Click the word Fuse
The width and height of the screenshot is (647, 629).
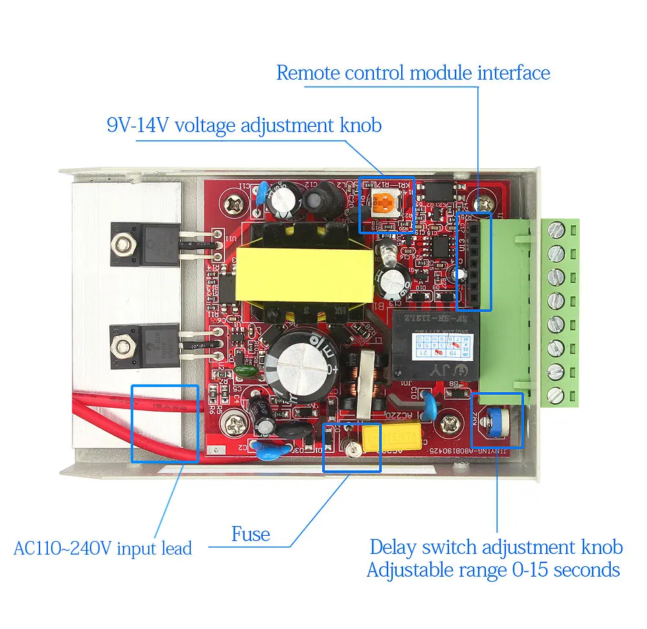(250, 534)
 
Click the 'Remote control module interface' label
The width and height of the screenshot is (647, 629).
(413, 72)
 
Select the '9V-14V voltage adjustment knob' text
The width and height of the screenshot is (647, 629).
(244, 124)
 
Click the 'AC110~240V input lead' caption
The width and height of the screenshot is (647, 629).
(103, 549)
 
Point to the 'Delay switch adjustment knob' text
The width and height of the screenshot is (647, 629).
(496, 547)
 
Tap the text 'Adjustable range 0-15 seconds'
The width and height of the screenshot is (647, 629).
(493, 570)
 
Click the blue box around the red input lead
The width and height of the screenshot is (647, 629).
(165, 424)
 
